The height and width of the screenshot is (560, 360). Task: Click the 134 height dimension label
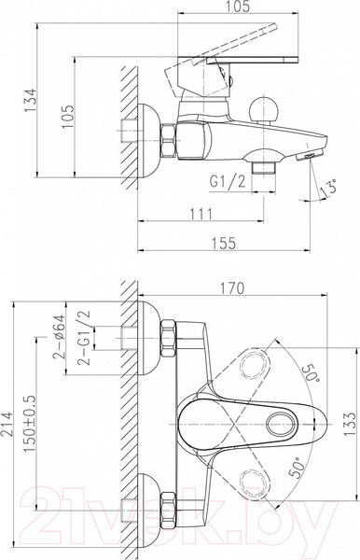click(x=31, y=100)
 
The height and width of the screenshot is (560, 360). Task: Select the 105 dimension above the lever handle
click(x=238, y=7)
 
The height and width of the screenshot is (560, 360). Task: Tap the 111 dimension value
click(x=201, y=214)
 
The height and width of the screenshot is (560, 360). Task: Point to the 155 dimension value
click(x=224, y=244)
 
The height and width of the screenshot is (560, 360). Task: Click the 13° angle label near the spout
click(x=328, y=188)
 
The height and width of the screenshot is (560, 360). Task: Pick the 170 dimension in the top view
click(x=232, y=288)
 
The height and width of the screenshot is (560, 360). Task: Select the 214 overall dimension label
click(x=7, y=424)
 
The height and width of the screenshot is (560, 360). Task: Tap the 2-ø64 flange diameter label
click(x=60, y=336)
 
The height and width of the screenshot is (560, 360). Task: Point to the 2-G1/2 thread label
click(x=84, y=338)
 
